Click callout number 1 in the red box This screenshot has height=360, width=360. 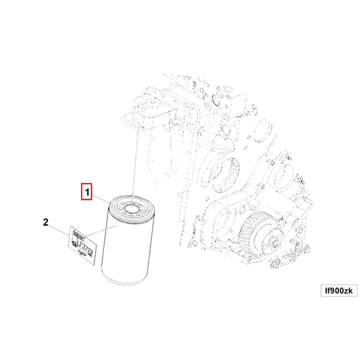(86, 191)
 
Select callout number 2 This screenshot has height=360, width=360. (46, 223)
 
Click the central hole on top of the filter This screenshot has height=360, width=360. (131, 208)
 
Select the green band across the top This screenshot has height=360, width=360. (180, 30)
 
